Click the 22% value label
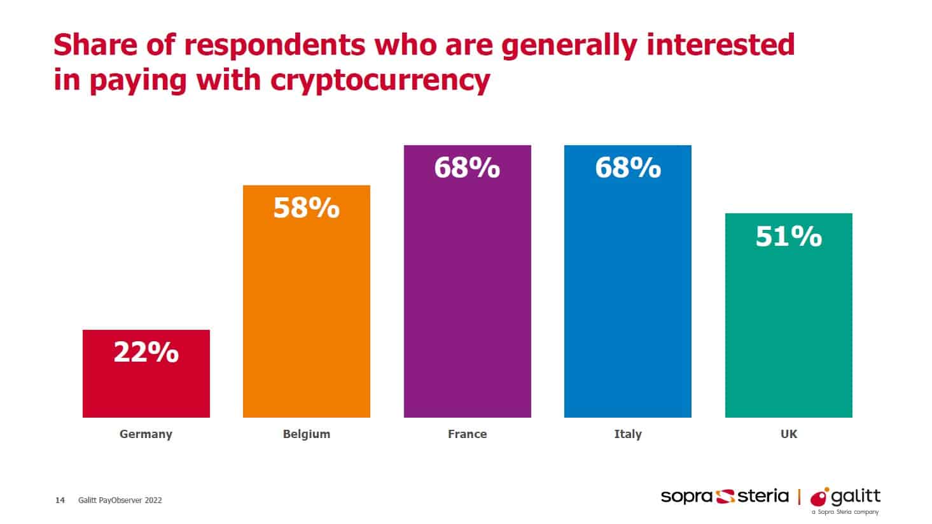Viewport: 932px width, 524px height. pos(146,352)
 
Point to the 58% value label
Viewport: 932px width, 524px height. pos(306,208)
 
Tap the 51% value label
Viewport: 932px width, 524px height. pos(788,236)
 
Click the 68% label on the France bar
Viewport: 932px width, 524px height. pos(467,168)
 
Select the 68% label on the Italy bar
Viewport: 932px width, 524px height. pos(627,168)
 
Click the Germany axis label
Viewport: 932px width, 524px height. pos(146,434)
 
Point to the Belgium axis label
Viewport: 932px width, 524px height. pos(306,434)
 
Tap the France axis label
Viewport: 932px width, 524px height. pos(467,434)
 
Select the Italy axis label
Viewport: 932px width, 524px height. pos(627,434)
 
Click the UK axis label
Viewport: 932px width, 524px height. pos(788,434)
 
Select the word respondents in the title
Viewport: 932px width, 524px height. pos(276,45)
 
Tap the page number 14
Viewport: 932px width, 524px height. pos(60,500)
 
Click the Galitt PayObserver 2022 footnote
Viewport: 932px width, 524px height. pos(120,500)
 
